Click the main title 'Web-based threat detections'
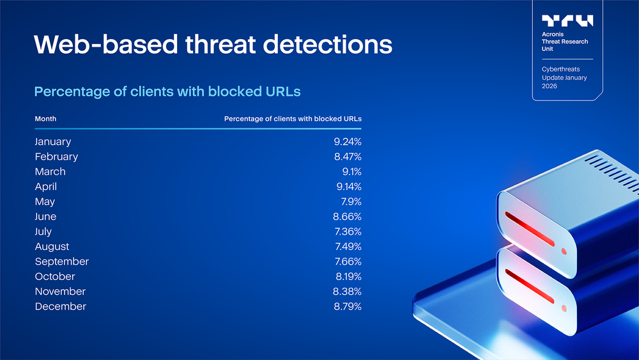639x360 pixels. click(x=213, y=45)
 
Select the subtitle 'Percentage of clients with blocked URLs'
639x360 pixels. click(x=167, y=91)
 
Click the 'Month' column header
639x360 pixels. click(x=45, y=119)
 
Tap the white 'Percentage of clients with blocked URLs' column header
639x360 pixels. click(x=293, y=119)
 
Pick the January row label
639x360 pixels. click(x=53, y=142)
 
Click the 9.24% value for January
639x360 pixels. click(x=347, y=142)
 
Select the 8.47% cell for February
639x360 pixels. click(x=347, y=157)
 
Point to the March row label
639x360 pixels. click(x=50, y=171)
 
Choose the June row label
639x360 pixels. click(x=45, y=217)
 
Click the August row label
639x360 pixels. click(x=52, y=247)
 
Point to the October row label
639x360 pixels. click(x=55, y=276)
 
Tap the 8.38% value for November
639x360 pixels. click(x=347, y=292)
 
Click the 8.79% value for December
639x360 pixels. click(x=347, y=306)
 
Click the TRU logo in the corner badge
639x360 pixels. click(x=567, y=20)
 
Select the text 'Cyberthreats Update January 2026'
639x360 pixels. click(x=564, y=77)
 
